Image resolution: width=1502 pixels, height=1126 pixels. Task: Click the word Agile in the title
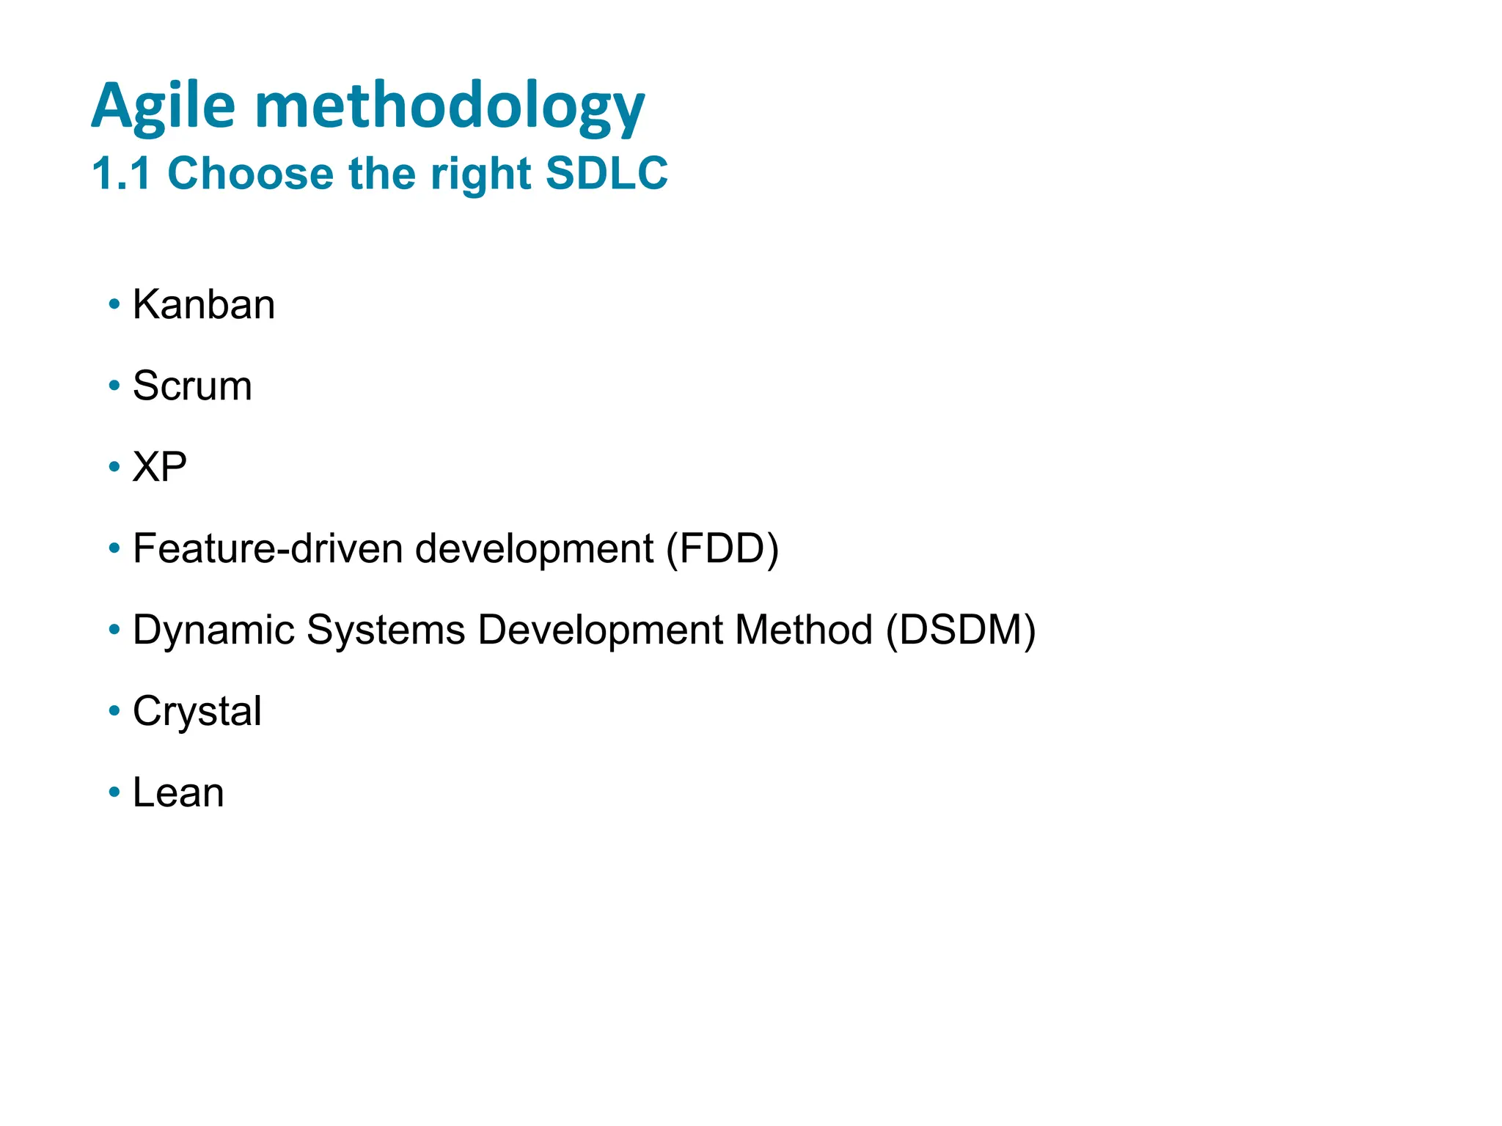pyautogui.click(x=163, y=107)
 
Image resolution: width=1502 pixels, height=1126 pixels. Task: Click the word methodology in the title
pyautogui.click(x=450, y=107)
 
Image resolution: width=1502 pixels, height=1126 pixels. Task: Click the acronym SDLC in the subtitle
pyautogui.click(x=607, y=174)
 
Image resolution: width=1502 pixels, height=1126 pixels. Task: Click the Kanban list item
pyautogui.click(x=203, y=304)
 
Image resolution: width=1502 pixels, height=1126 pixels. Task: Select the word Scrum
pyautogui.click(x=192, y=386)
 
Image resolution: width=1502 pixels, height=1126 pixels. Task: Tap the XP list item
pyautogui.click(x=159, y=467)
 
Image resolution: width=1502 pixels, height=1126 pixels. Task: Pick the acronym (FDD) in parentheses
pyautogui.click(x=722, y=548)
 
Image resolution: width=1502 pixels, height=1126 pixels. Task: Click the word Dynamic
pyautogui.click(x=213, y=630)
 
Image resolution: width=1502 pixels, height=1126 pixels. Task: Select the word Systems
pyautogui.click(x=386, y=630)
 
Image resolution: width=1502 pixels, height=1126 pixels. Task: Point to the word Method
pyautogui.click(x=804, y=630)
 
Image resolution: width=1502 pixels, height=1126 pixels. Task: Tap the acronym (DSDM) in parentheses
pyautogui.click(x=961, y=630)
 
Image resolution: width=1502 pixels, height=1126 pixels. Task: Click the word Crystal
pyautogui.click(x=197, y=712)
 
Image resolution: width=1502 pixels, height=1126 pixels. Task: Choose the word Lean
pyautogui.click(x=178, y=793)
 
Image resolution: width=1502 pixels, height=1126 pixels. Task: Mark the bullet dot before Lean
pyautogui.click(x=114, y=792)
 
